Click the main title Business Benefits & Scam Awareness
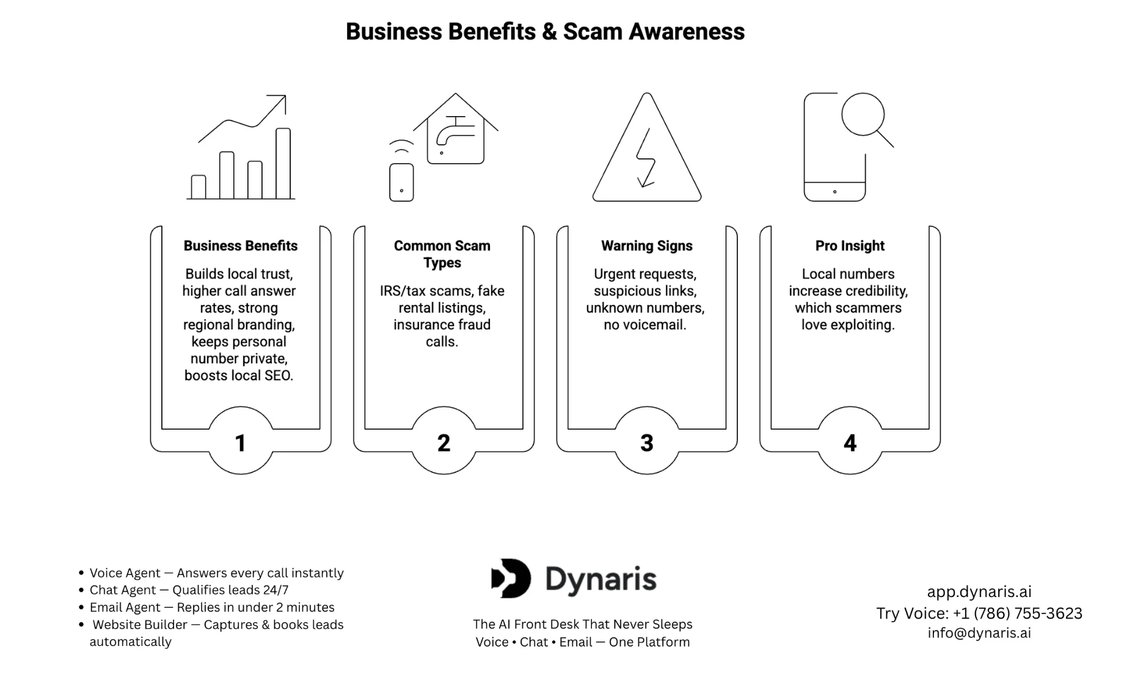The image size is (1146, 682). point(545,32)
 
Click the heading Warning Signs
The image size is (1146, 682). point(647,246)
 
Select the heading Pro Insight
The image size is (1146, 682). point(850,246)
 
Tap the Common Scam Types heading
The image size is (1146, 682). point(442,254)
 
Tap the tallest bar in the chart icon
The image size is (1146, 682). point(283,163)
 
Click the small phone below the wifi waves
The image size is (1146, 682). point(401,182)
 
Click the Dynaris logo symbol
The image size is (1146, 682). point(511,578)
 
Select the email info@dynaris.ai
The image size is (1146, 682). point(979,633)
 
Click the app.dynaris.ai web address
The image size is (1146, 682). point(979,592)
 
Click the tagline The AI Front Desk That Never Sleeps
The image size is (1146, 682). point(583,624)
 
